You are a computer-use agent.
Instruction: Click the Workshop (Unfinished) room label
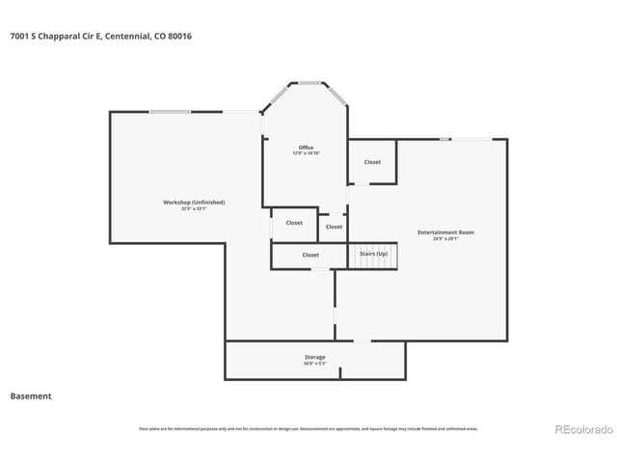pos(194,202)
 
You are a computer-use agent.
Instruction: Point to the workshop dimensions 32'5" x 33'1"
pos(194,208)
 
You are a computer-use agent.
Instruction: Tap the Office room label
pos(306,148)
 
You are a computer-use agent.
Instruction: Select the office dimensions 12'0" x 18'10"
pos(306,153)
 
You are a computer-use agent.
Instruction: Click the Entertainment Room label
pos(445,231)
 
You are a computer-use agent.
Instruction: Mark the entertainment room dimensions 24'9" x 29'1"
pos(445,238)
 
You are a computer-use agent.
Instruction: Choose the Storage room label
pos(315,357)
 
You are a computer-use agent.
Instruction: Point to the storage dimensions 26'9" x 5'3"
pos(315,364)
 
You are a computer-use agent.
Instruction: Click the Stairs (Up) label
pos(373,254)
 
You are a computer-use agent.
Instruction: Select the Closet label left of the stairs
pos(310,255)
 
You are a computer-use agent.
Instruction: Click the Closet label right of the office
pos(372,162)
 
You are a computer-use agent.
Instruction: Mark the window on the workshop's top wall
pos(169,112)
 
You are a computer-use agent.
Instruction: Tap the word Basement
pos(31,395)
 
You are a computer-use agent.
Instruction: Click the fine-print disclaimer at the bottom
pos(308,429)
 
